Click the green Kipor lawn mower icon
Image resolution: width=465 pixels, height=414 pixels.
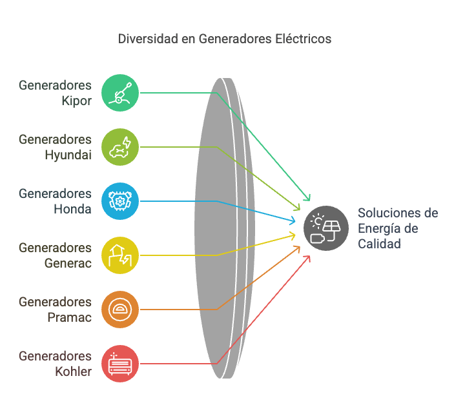(x=120, y=93)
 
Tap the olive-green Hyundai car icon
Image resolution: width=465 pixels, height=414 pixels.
(x=120, y=147)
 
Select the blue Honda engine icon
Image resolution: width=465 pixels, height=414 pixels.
(x=120, y=201)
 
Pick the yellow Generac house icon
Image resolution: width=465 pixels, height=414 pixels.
(x=120, y=255)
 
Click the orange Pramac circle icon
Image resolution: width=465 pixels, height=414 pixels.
(x=120, y=310)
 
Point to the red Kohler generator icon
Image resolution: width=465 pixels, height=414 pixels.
(x=120, y=364)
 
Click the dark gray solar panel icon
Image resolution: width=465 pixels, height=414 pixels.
(x=326, y=228)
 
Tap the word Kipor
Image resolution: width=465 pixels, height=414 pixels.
(x=76, y=101)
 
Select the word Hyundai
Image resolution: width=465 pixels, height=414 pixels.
(x=68, y=155)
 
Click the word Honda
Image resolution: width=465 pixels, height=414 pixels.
(x=72, y=210)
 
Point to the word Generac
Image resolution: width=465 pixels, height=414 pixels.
(x=68, y=263)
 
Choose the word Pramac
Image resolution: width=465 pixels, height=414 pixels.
(x=69, y=317)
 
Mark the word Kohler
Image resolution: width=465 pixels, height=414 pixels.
(x=73, y=371)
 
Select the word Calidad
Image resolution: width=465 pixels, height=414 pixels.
(x=379, y=244)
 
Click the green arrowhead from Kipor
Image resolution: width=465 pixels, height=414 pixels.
(x=307, y=197)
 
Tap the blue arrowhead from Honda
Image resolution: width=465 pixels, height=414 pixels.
(x=292, y=221)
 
